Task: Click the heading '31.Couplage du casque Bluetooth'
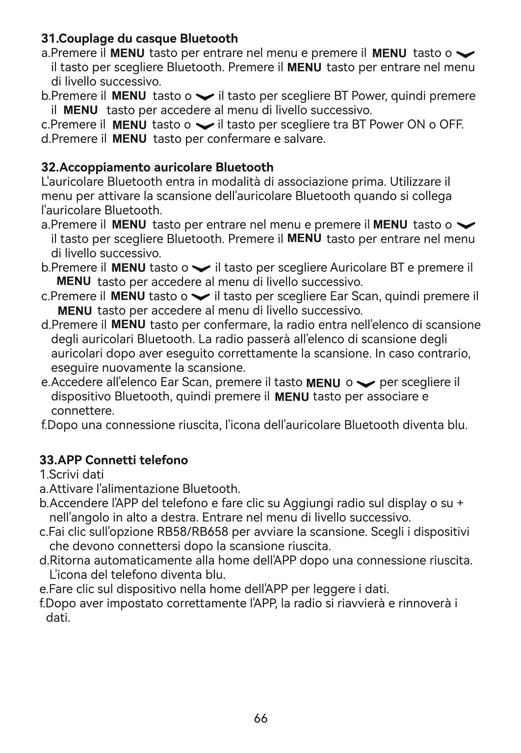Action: coord(139,38)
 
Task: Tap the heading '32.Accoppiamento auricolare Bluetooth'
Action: coord(157,168)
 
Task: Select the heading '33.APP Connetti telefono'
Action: coord(114,460)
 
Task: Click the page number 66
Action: coord(261,718)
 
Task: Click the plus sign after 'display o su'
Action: coord(460,503)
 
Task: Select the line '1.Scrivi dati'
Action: coord(72,474)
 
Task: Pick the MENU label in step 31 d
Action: coord(130,139)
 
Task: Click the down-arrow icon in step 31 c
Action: coord(204,125)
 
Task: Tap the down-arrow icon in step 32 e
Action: coord(367,383)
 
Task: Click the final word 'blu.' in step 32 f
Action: coord(457,425)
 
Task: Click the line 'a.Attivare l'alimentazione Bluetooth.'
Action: coord(140,489)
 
